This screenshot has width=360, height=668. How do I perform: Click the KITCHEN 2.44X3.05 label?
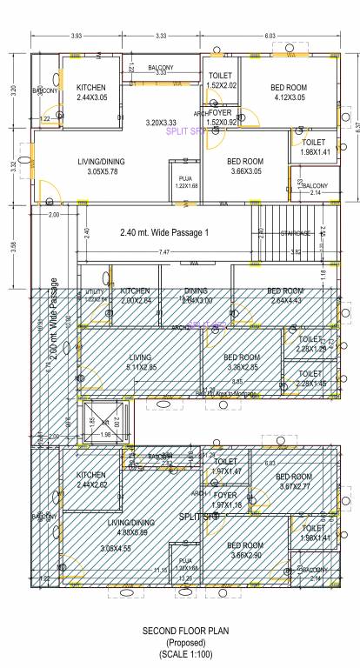[x=92, y=93]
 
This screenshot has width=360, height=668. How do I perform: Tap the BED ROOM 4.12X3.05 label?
[x=289, y=93]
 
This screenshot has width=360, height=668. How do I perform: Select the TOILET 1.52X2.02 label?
[x=223, y=81]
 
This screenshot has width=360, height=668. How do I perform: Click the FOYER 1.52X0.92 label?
[x=221, y=117]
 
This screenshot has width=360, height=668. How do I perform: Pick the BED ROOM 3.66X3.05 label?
[x=245, y=166]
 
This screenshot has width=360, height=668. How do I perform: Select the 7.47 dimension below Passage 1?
[x=164, y=252]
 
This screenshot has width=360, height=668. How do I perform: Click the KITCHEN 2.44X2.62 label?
[x=92, y=479]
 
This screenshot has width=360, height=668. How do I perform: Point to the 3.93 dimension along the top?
[x=76, y=36]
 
